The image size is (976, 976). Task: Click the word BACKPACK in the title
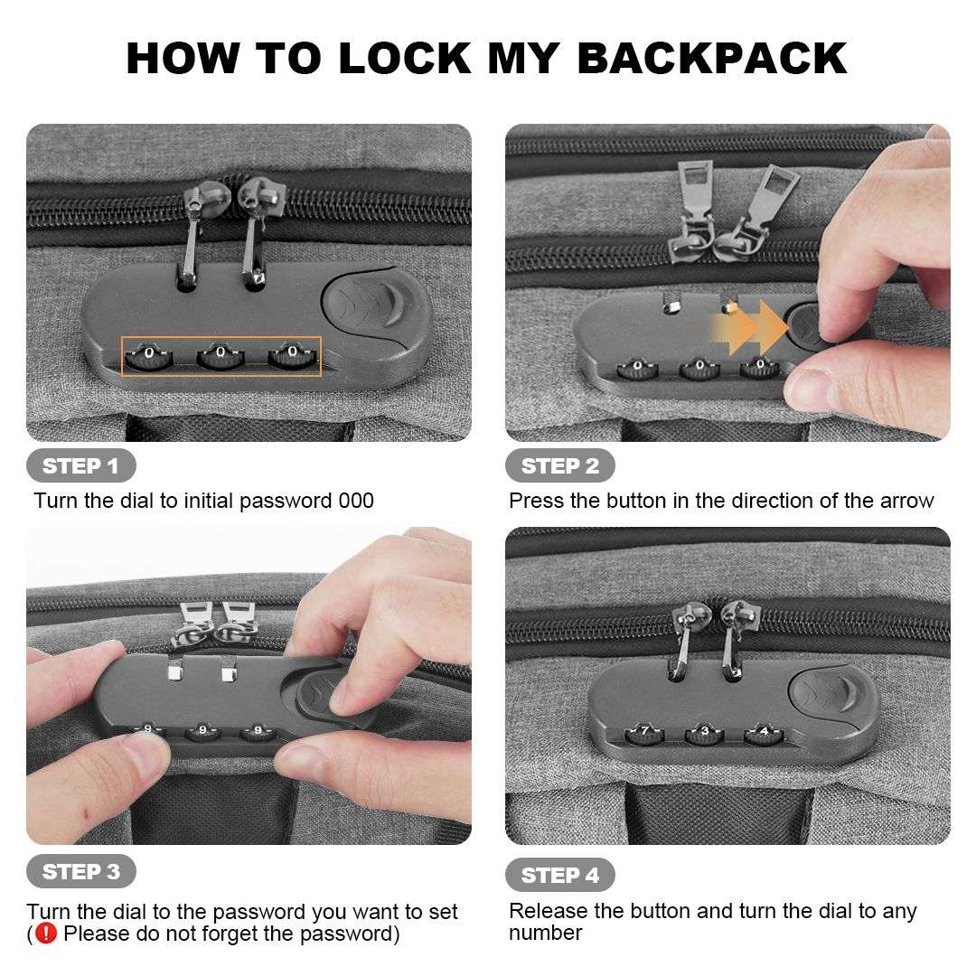tap(712, 59)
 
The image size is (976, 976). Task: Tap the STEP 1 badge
tap(81, 465)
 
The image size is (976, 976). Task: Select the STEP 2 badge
tap(560, 465)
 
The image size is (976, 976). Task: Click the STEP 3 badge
tap(81, 871)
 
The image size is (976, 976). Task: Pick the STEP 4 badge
tap(560, 875)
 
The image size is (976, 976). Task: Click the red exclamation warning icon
tap(46, 933)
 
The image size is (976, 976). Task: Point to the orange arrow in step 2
tap(751, 326)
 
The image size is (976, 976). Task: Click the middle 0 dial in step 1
tap(221, 357)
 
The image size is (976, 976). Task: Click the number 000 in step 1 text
tap(356, 501)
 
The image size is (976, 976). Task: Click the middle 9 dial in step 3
tap(202, 731)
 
